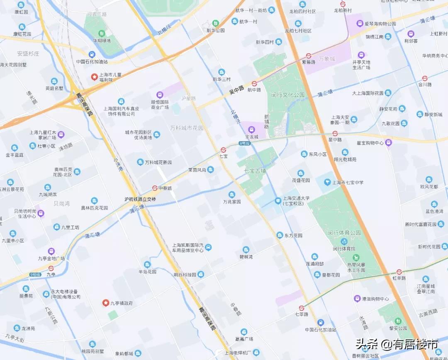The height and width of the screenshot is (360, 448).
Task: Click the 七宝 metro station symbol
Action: coord(223,150)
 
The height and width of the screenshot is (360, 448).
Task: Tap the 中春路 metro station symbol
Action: coord(155,188)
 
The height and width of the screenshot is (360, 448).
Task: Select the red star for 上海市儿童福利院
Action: coord(94,77)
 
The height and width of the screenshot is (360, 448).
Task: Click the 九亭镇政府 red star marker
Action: coord(105,303)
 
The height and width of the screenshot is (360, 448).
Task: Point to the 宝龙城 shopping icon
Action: coord(251,130)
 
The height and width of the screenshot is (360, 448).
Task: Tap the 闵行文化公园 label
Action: coord(288,95)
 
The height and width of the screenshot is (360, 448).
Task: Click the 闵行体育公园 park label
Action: coord(344,233)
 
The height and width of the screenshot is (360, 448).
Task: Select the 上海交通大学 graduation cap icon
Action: coord(278,201)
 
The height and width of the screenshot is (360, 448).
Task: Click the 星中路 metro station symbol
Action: coord(335,133)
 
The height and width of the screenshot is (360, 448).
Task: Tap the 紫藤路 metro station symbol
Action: coord(309,55)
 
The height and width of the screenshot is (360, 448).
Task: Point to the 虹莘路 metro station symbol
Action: coord(399,272)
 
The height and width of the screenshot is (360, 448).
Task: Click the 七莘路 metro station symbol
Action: coord(302,308)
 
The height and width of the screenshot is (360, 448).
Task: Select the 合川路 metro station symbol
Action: coord(425,78)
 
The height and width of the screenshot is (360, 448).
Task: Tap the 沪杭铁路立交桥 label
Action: coord(140,199)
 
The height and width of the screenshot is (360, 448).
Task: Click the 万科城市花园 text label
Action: coord(187,128)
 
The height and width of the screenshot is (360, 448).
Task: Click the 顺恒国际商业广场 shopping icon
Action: coord(160,95)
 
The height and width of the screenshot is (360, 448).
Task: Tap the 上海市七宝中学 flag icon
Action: coord(328,182)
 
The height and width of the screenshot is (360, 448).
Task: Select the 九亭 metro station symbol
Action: coord(51,268)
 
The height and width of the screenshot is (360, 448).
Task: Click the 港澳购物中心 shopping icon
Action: coord(357,299)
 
